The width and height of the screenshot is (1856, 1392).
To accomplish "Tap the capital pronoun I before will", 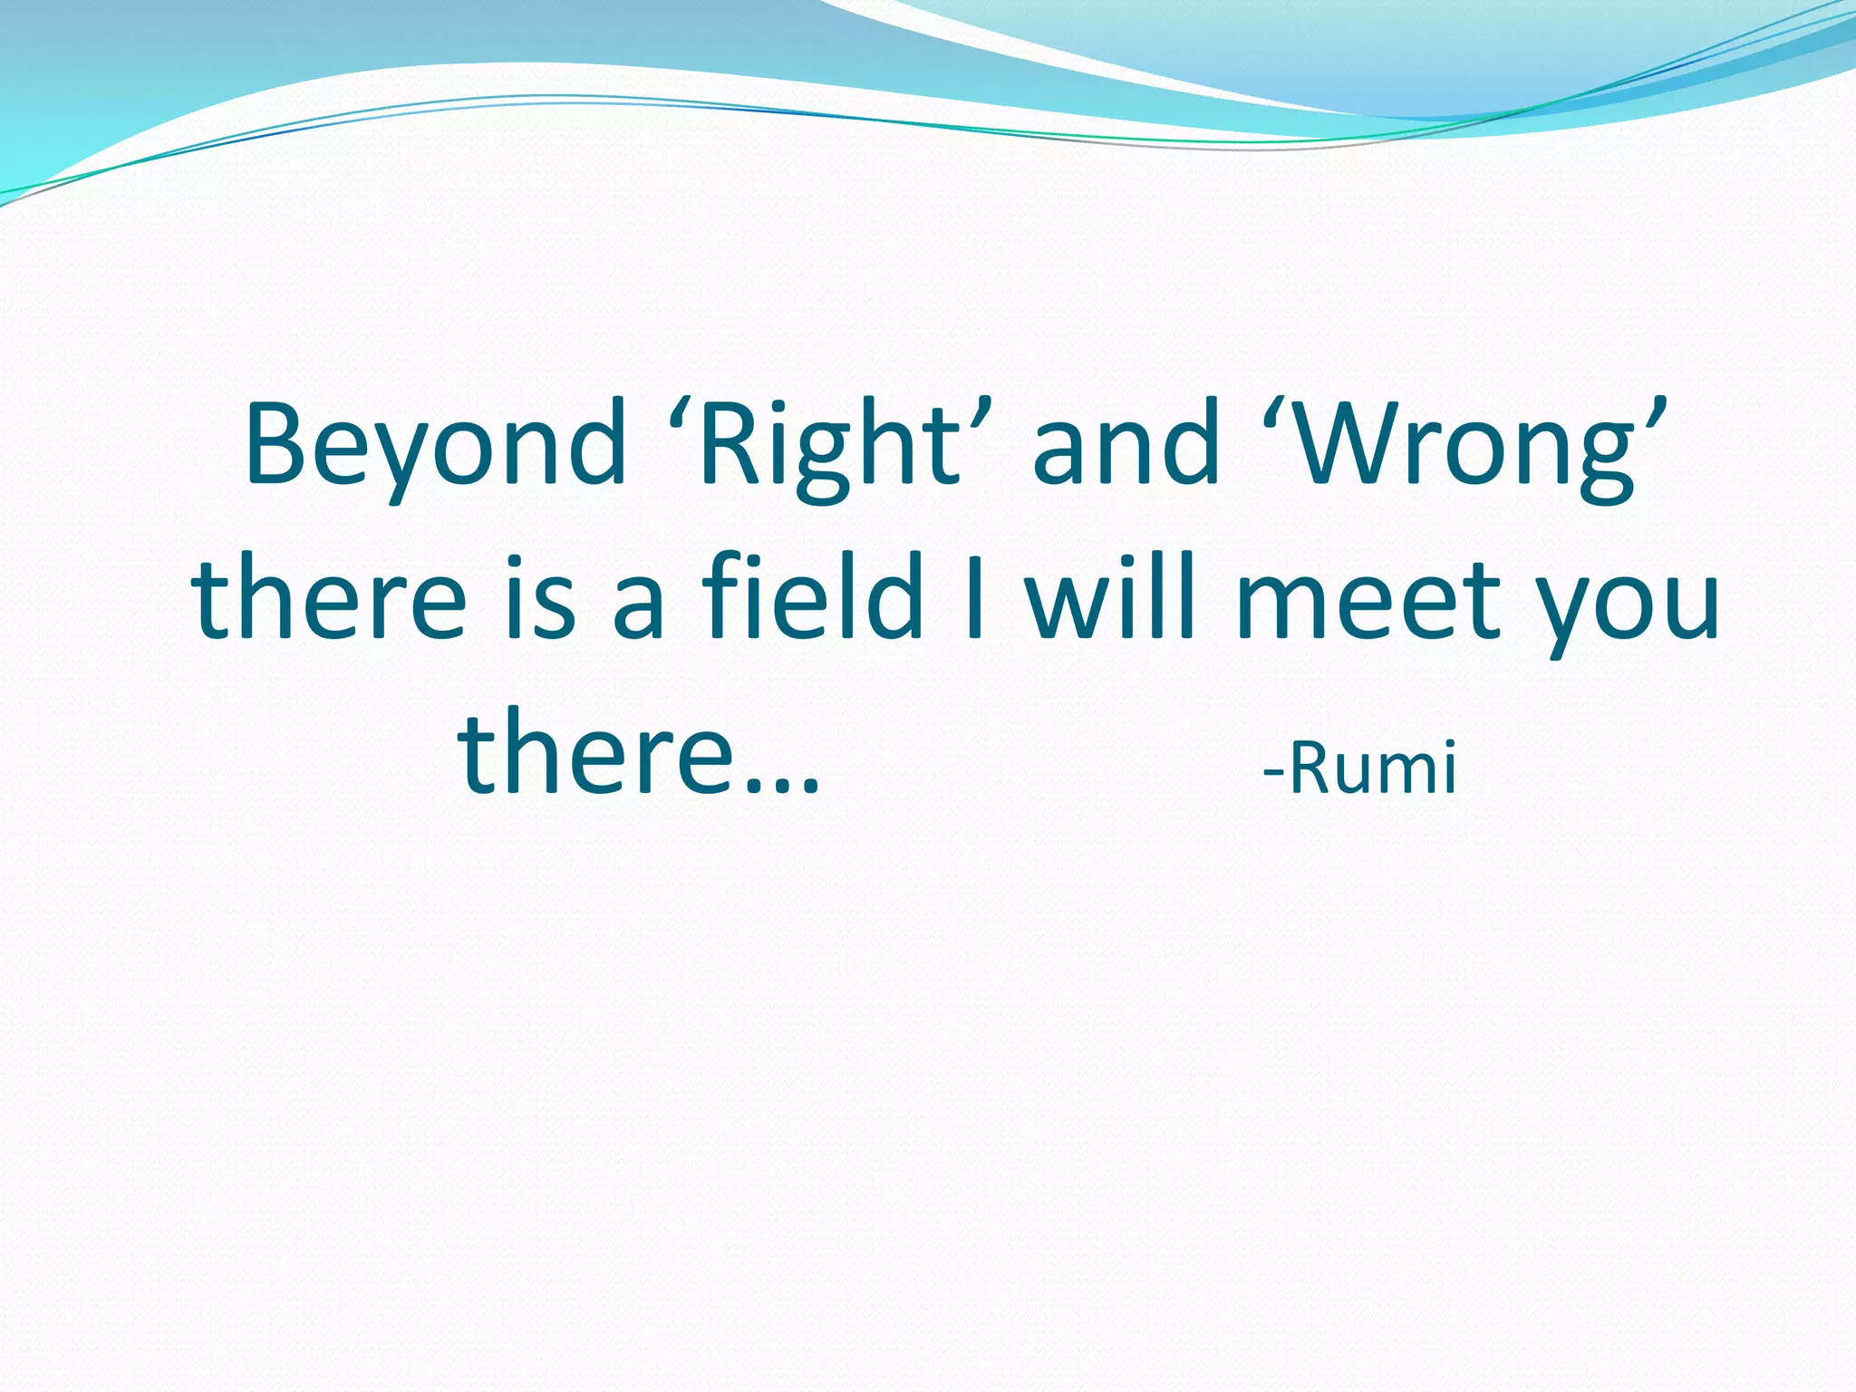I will pyautogui.click(x=975, y=598).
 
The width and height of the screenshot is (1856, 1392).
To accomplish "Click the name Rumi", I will pyautogui.click(x=1372, y=768).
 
